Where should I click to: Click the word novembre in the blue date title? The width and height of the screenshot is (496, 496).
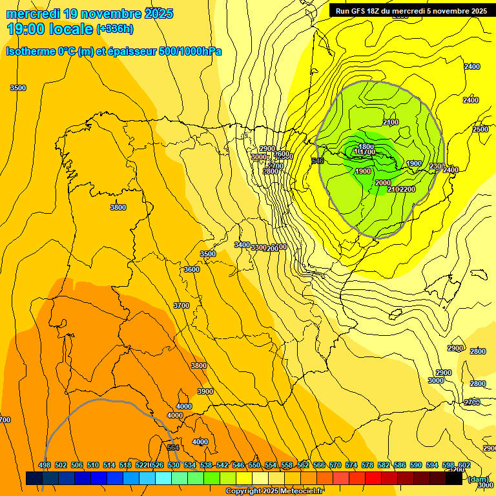(110, 14)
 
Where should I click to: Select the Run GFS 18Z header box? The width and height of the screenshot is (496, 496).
(411, 10)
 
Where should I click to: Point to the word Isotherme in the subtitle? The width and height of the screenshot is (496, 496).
(30, 51)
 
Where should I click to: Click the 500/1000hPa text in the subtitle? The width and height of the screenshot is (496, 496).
(190, 51)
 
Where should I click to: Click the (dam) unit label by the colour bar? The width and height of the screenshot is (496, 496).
(478, 479)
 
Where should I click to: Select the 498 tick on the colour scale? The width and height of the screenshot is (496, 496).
(45, 465)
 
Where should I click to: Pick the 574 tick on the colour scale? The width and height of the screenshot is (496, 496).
(351, 465)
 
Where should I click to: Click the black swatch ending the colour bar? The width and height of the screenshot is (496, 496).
(453, 479)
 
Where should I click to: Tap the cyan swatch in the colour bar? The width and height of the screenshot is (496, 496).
(163, 479)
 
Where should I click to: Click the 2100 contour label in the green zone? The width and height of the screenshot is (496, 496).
(391, 123)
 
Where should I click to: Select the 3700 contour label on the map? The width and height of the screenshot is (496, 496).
(181, 305)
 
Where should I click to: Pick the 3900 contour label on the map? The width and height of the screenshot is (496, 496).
(205, 391)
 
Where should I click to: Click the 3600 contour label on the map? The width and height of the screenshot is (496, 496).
(192, 269)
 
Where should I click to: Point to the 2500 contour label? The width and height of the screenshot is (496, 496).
(480, 129)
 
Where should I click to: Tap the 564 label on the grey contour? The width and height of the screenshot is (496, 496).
(172, 448)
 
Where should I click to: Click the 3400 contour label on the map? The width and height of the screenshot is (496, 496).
(242, 245)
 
